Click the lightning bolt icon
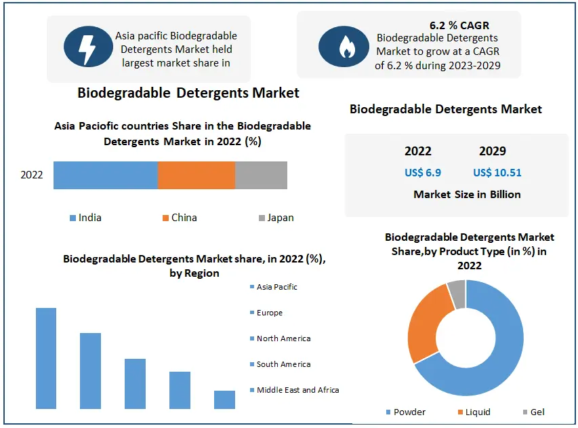(x=88, y=47)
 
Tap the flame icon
(x=347, y=46)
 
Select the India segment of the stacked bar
(x=105, y=175)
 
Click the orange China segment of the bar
(x=196, y=175)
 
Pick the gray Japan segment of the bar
(x=261, y=175)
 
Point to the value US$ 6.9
(x=423, y=172)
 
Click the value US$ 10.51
(x=497, y=172)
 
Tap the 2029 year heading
(x=493, y=151)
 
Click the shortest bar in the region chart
(x=224, y=400)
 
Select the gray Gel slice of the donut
(x=457, y=293)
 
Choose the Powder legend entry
(x=409, y=412)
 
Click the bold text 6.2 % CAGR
(x=459, y=26)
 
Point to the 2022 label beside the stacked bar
(x=32, y=175)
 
